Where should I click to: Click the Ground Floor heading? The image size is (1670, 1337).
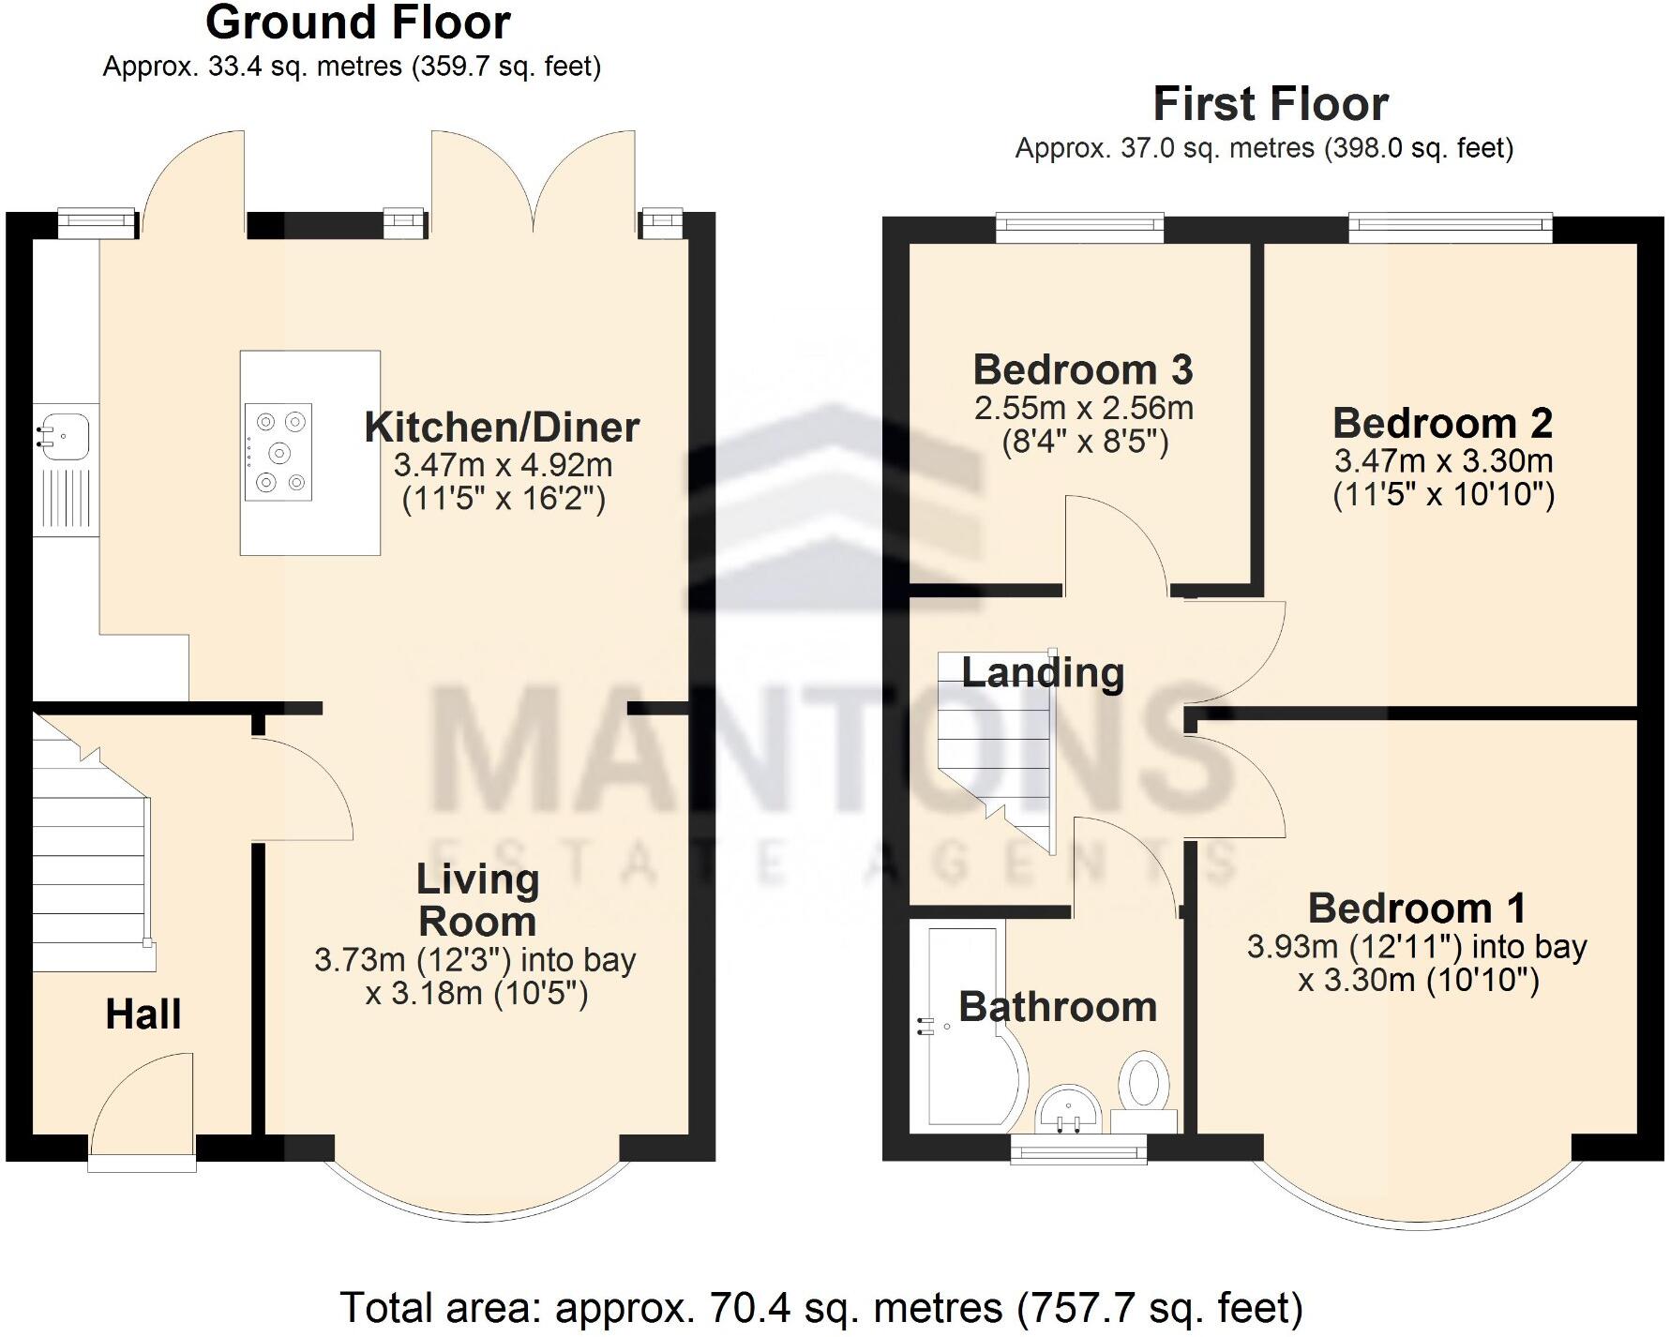pos(357,23)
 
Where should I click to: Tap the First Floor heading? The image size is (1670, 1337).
pos(1270,104)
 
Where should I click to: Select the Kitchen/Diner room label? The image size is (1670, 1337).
pos(502,428)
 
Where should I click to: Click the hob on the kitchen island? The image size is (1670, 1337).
pos(278,453)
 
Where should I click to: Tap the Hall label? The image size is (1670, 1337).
pos(143,1014)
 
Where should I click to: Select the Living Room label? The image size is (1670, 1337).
pos(477,900)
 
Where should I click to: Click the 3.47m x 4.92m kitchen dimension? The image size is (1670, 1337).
pos(503,465)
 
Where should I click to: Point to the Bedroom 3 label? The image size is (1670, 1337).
pos(1083,370)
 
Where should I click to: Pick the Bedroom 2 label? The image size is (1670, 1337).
pos(1442,424)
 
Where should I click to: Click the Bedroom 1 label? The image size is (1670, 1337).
pos(1416,909)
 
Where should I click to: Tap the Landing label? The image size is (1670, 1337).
pos(1043,673)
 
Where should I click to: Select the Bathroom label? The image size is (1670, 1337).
pos(1058,1007)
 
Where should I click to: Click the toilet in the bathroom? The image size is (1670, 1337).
pos(1144,1088)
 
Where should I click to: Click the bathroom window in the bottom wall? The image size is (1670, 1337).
pos(1078,1149)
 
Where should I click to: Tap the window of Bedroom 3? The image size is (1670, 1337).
pos(1079,228)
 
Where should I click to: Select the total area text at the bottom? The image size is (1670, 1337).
pos(820,1307)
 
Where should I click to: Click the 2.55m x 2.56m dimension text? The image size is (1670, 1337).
pos(1084,409)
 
